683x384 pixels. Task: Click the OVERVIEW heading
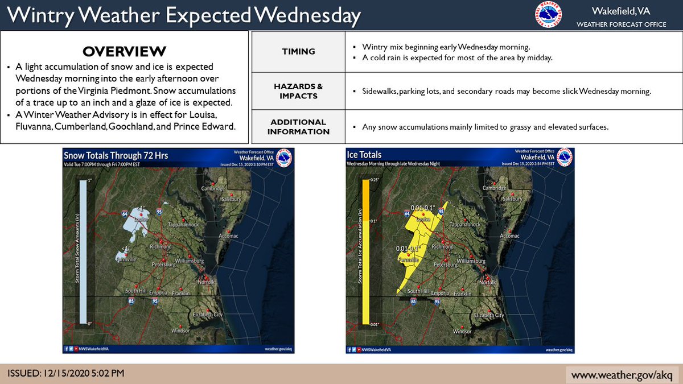(x=124, y=51)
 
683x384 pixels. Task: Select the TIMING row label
(x=298, y=51)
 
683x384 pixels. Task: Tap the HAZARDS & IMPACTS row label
(x=298, y=91)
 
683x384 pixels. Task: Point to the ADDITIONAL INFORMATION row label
(x=298, y=126)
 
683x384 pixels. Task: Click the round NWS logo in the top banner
(x=548, y=15)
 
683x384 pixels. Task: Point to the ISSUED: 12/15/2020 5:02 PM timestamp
(x=65, y=374)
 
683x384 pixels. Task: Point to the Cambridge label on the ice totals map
(x=494, y=188)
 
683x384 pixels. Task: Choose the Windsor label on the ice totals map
(x=462, y=331)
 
